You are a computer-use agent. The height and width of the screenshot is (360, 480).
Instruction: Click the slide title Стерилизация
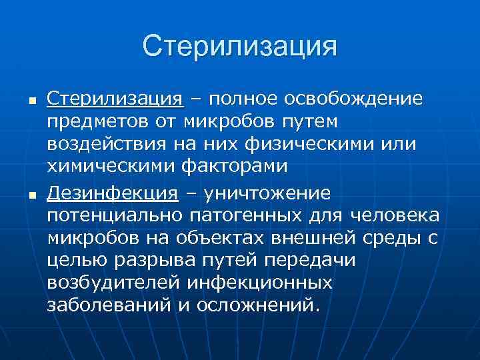tap(239, 46)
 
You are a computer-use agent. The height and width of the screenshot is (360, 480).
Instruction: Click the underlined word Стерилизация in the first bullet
tap(115, 99)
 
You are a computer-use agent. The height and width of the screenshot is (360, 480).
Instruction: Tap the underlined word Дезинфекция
tap(113, 193)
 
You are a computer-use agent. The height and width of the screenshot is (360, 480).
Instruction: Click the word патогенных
tap(254, 217)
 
